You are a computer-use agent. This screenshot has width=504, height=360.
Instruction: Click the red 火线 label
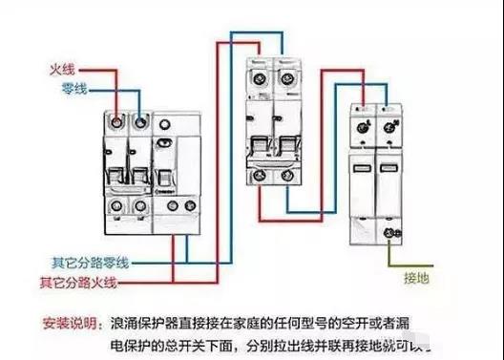point(63,69)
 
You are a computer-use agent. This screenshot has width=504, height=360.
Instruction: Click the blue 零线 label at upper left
point(63,87)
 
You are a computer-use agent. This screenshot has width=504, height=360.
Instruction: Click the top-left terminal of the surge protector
point(366,125)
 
